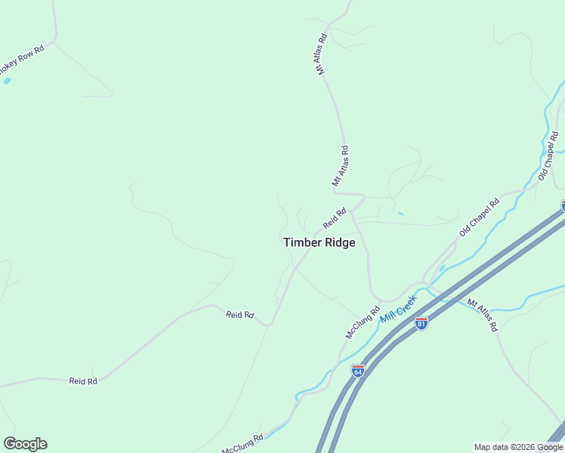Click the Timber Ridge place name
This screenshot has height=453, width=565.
(319, 242)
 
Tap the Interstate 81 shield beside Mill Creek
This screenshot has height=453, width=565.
(421, 323)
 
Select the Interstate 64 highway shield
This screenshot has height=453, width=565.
(358, 371)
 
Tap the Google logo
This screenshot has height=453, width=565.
(25, 444)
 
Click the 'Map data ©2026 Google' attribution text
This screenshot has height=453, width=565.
(519, 447)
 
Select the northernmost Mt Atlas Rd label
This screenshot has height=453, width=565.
(322, 54)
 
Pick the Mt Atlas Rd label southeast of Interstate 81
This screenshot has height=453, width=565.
(483, 316)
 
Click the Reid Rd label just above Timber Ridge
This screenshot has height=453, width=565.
(334, 218)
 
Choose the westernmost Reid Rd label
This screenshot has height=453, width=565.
(83, 381)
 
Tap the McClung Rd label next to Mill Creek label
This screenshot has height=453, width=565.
(363, 322)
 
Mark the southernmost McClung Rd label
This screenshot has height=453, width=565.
(242, 444)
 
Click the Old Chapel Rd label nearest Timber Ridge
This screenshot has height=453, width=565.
(480, 217)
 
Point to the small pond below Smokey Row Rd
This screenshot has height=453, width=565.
(7, 80)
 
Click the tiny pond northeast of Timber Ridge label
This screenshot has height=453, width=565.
(400, 214)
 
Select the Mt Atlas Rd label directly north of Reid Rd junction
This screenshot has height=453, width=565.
(340, 166)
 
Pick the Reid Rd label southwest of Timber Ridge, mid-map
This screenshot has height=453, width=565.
(239, 314)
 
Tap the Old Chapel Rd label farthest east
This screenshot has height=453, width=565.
(548, 156)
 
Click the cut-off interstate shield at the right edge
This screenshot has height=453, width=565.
(563, 205)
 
